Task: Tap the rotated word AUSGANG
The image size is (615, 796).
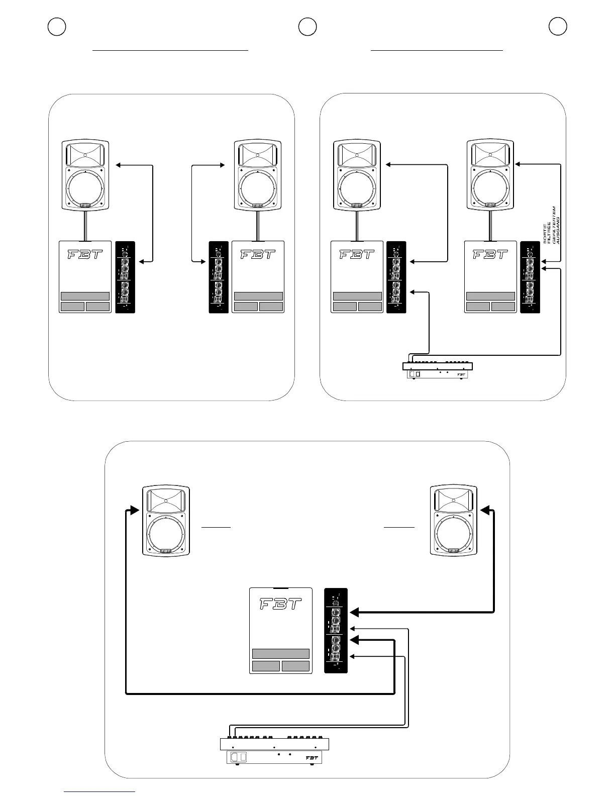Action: pos(558,231)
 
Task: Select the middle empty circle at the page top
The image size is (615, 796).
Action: pos(307,27)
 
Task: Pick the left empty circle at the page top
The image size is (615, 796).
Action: pos(57,27)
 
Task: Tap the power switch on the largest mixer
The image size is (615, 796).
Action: pos(239,757)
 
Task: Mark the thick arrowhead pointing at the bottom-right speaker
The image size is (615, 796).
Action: pos(485,510)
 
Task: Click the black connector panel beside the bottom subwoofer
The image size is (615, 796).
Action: pos(336,630)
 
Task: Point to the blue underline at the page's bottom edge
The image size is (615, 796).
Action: pos(99,792)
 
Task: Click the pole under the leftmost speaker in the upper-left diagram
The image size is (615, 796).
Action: pos(85,226)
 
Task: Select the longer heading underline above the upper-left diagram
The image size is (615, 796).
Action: pos(171,51)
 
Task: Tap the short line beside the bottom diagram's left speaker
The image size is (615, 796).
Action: pos(216,527)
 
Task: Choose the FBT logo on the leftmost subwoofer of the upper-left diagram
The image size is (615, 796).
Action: pos(85,254)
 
